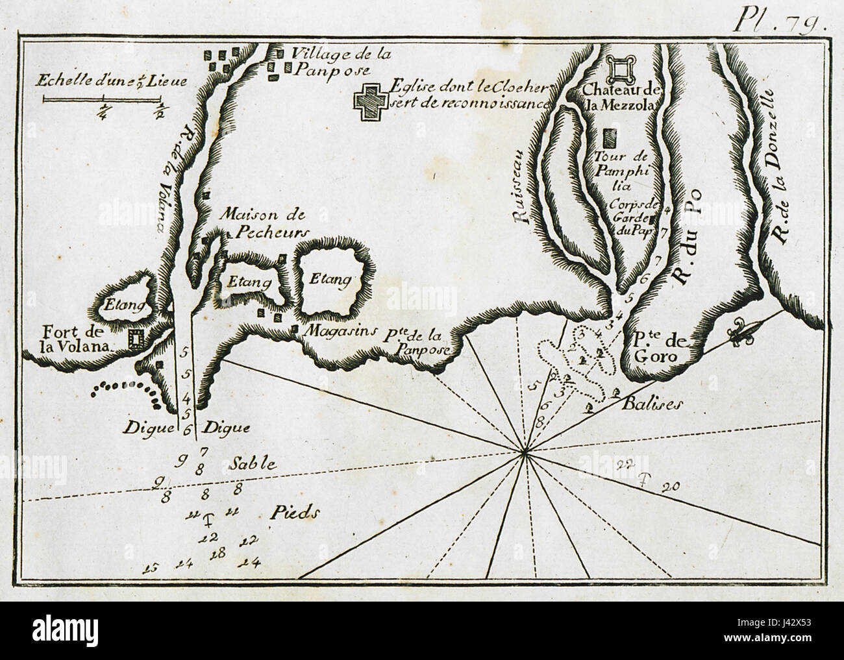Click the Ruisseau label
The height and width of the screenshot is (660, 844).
525,193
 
